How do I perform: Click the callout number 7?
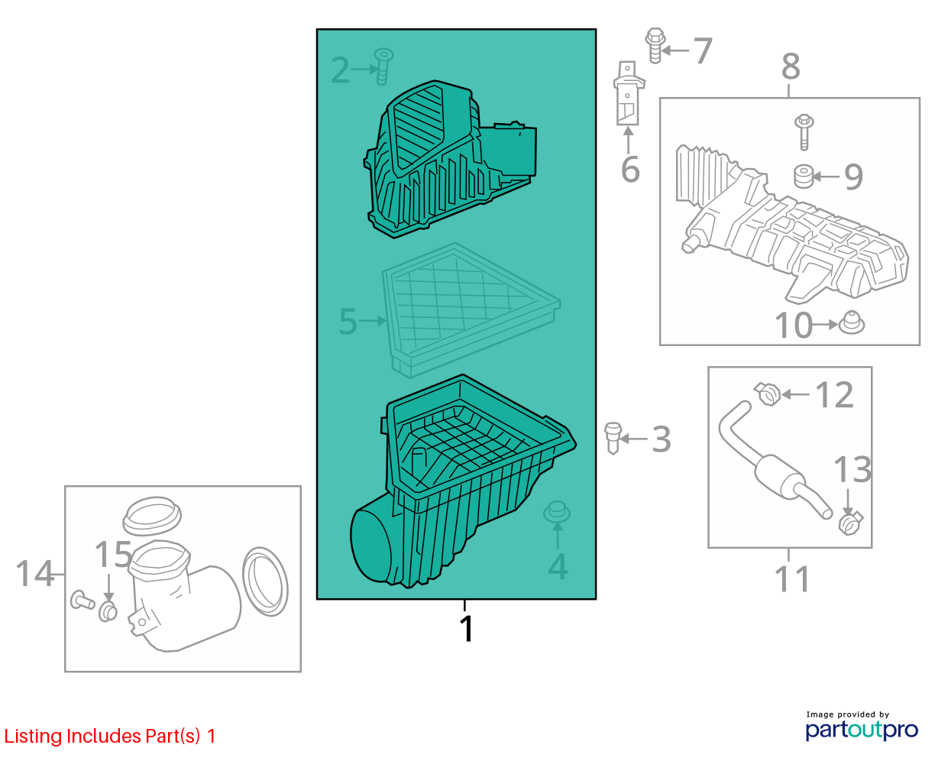[702, 51]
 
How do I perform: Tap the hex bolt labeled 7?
[655, 46]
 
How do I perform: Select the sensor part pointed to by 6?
[628, 93]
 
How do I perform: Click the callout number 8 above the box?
[790, 66]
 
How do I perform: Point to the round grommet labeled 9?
[804, 177]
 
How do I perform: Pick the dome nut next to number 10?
[851, 323]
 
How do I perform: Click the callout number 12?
[833, 395]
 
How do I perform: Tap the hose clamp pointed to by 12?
[767, 394]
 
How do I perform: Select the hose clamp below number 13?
[850, 523]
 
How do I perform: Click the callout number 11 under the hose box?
[791, 579]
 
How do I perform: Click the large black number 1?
[466, 629]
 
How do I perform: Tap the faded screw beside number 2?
[383, 66]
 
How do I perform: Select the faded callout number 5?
[348, 321]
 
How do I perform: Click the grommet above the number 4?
[557, 512]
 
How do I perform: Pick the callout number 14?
[34, 574]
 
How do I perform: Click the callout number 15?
[113, 554]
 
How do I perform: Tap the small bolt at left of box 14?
[82, 600]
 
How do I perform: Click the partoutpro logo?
[861, 730]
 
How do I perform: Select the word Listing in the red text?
[33, 737]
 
